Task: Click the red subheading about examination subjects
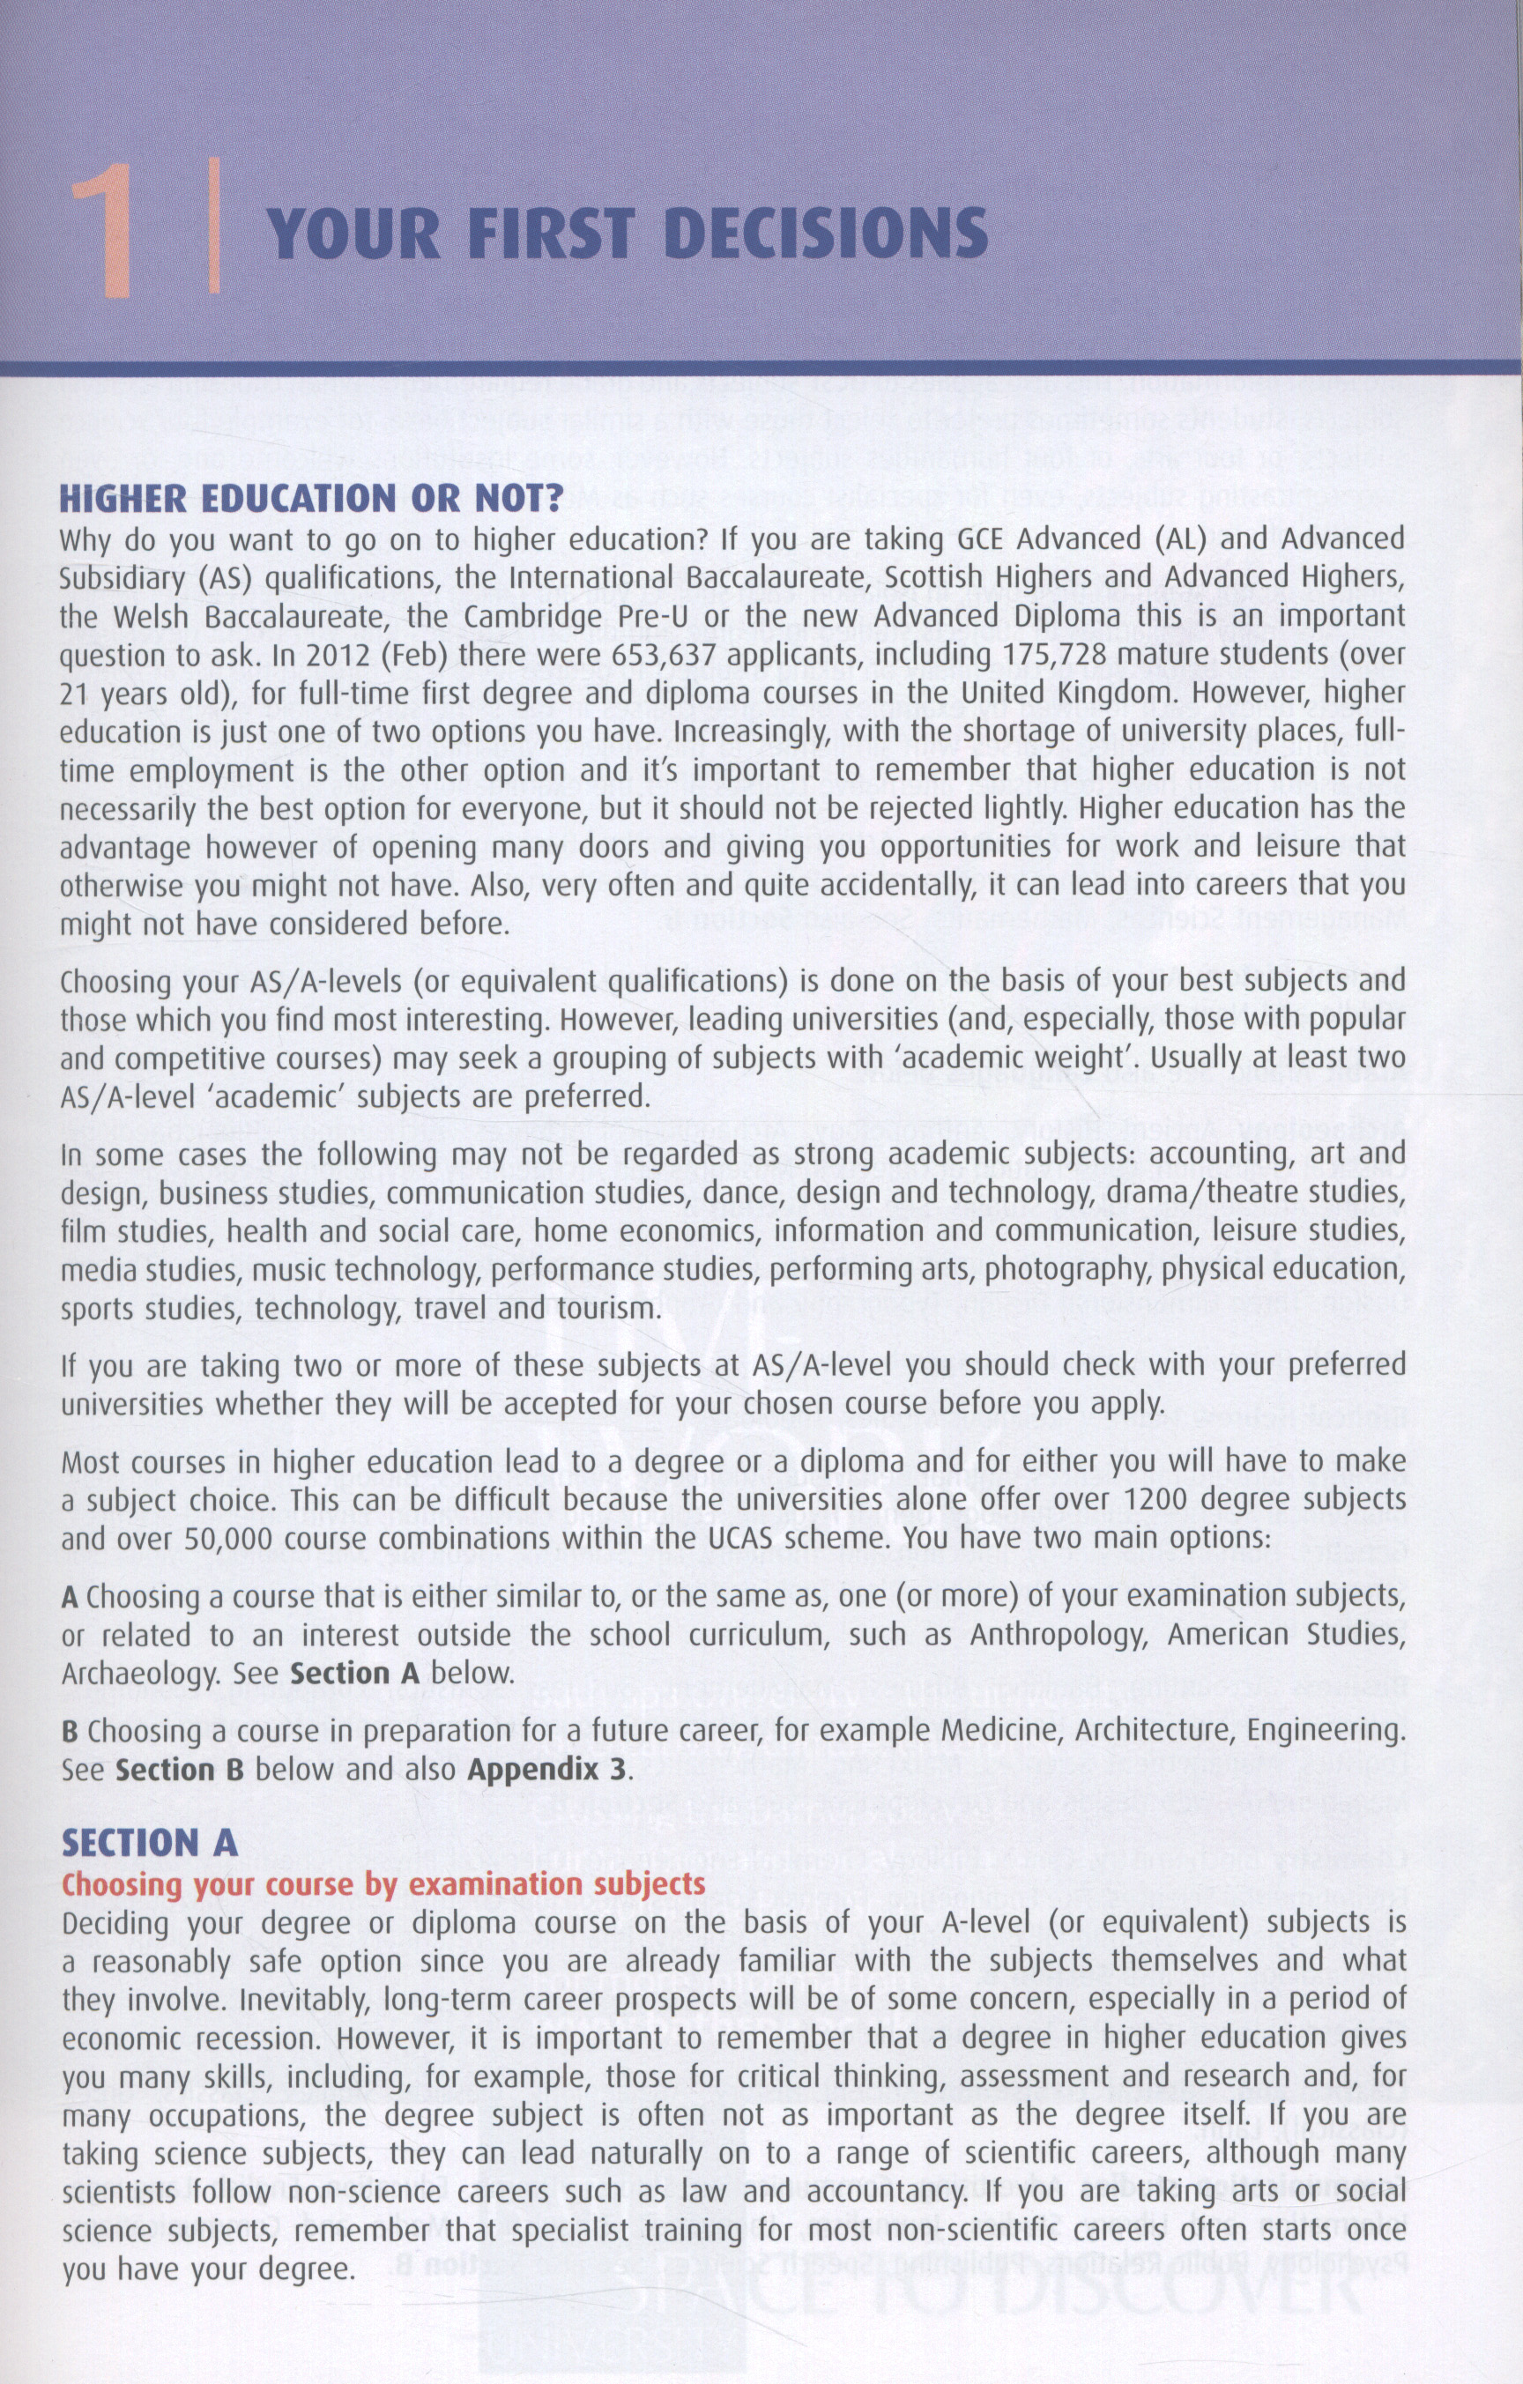384,1883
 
